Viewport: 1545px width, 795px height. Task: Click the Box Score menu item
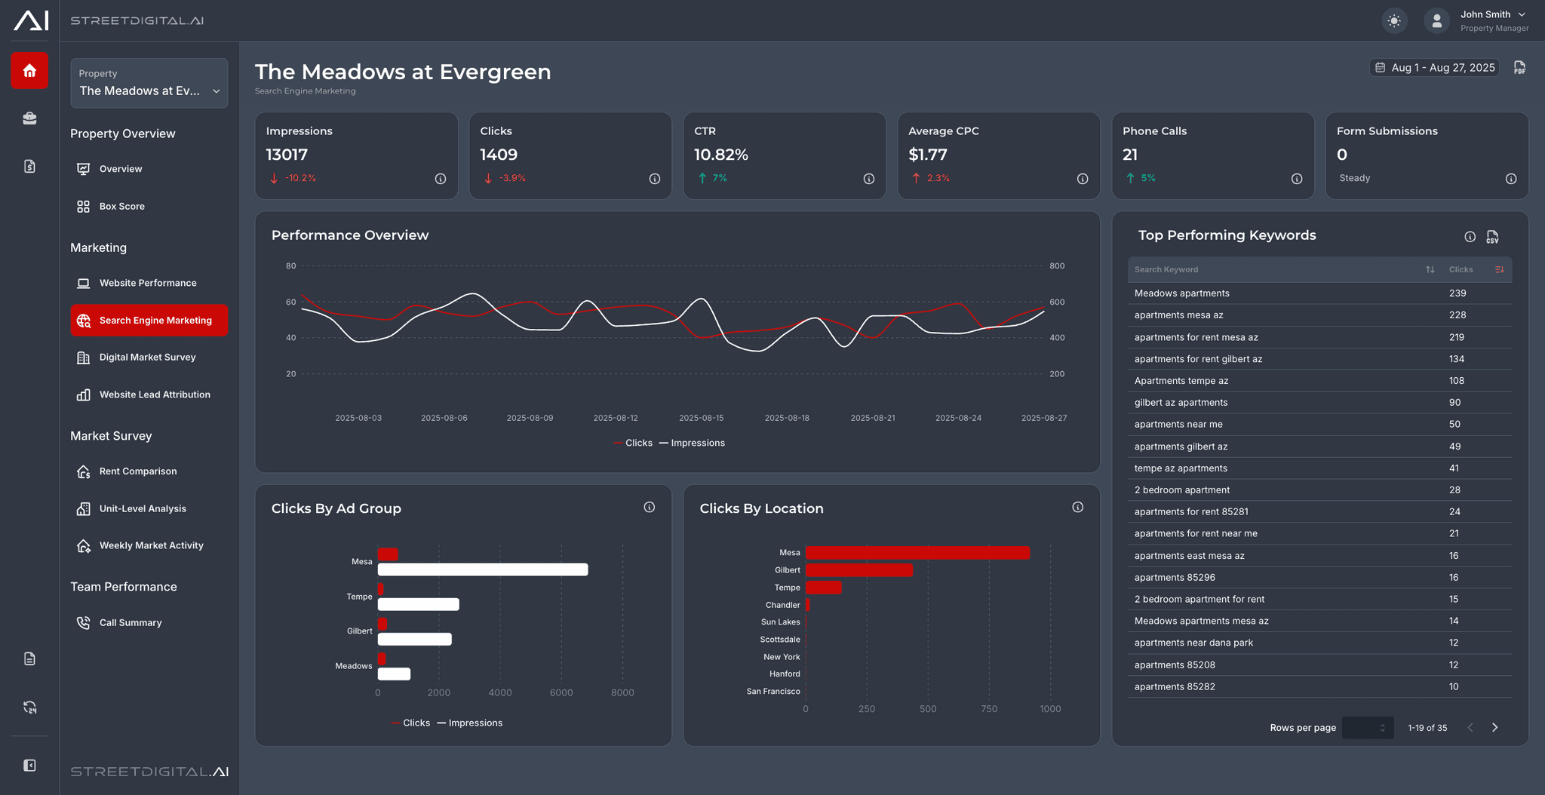(121, 206)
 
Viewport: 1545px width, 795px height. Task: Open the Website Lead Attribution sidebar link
(154, 394)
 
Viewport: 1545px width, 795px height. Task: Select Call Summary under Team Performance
(130, 622)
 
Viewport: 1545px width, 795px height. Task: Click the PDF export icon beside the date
(1519, 68)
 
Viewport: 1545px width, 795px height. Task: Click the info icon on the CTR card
(868, 179)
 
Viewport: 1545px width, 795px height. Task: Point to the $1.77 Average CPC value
(927, 155)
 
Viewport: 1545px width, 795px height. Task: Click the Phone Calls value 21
(1129, 155)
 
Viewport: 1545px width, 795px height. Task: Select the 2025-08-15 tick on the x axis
(701, 418)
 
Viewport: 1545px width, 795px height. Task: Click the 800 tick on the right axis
(1056, 266)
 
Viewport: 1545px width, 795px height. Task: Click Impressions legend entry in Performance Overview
(692, 443)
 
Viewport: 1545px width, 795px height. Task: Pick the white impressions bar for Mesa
(483, 569)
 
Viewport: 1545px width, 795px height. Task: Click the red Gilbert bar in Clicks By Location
(859, 570)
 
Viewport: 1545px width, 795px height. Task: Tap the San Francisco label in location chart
(772, 691)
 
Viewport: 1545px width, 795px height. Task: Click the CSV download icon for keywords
(1492, 237)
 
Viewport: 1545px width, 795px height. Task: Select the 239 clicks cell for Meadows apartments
(1457, 293)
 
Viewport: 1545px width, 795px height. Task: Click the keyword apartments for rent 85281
(1190, 511)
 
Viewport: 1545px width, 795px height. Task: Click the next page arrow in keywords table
(1494, 727)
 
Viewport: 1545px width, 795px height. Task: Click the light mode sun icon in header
(1394, 20)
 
